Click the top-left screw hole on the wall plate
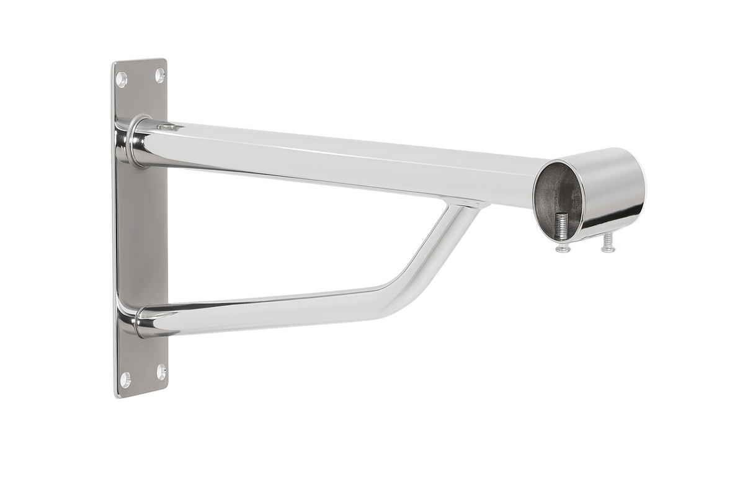(x=122, y=79)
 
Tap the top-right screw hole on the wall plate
(x=159, y=75)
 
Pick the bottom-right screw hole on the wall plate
(x=161, y=372)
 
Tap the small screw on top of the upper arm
(x=168, y=127)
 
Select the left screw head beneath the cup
(x=563, y=248)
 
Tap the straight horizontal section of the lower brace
(x=261, y=310)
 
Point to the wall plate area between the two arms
(x=141, y=236)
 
